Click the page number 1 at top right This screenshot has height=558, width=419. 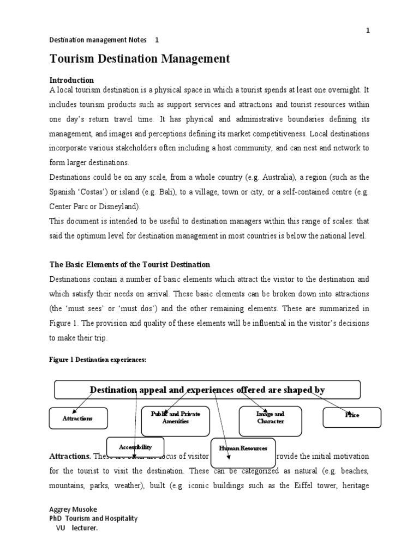pyautogui.click(x=368, y=31)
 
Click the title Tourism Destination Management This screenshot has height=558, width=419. pyautogui.click(x=140, y=58)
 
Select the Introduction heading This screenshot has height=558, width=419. pyautogui.click(x=71, y=80)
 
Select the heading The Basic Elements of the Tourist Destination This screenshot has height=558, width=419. pyautogui.click(x=130, y=264)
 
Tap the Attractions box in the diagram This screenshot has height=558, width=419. pyautogui.click(x=78, y=418)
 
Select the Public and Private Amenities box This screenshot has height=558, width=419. pyautogui.click(x=175, y=418)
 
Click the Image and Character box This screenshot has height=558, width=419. pyautogui.click(x=270, y=418)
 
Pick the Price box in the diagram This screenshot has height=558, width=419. pyautogui.click(x=352, y=415)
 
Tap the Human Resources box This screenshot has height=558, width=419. pyautogui.click(x=243, y=448)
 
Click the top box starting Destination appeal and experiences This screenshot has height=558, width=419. pyautogui.click(x=207, y=390)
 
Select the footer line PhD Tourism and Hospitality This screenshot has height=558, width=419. pyautogui.click(x=94, y=518)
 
